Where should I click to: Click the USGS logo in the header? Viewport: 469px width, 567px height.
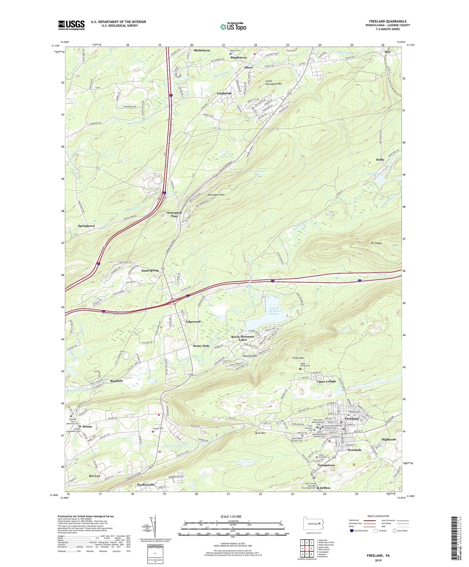71,25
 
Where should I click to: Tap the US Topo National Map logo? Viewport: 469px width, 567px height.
233,26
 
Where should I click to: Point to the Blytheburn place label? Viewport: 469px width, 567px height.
202,51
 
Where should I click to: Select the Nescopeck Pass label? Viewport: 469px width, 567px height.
174,214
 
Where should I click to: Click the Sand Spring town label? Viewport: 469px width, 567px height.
150,270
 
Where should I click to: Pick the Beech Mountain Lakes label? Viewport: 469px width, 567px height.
242,338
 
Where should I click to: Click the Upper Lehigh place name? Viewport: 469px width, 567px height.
326,381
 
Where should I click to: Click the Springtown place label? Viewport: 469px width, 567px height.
86,226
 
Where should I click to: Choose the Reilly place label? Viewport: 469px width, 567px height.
380,160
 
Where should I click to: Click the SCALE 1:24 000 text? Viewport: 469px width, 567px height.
232,516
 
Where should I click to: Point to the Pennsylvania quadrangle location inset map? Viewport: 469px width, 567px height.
312,524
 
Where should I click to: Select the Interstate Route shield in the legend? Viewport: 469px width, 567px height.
352,531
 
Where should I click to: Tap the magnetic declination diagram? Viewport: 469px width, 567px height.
155,526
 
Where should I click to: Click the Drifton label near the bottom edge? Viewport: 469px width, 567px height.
325,488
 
